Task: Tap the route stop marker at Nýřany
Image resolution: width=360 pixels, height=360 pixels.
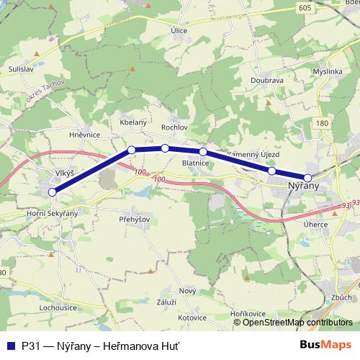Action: click(x=308, y=177)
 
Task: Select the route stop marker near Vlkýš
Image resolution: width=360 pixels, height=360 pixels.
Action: click(x=52, y=192)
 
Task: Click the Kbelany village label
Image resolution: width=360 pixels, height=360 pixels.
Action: click(x=133, y=123)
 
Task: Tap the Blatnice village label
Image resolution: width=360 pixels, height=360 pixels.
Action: click(x=195, y=163)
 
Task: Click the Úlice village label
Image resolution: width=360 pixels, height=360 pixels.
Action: click(x=199, y=30)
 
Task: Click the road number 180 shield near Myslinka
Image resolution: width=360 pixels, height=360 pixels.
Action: click(x=322, y=124)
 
